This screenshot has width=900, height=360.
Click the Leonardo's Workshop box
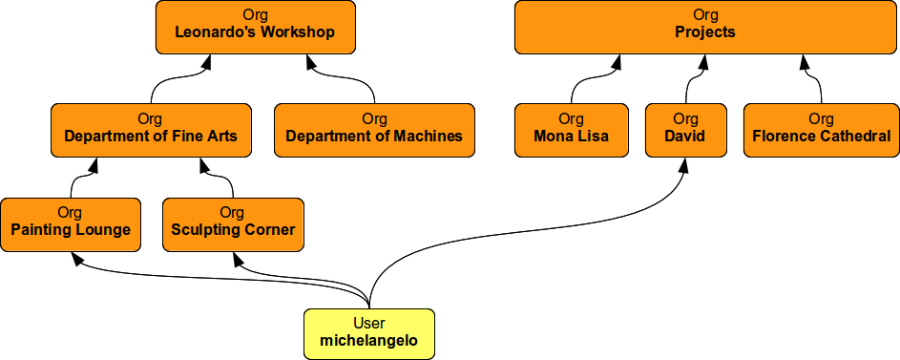tap(255, 27)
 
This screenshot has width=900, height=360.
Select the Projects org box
tap(705, 27)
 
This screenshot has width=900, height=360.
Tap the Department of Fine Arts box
tap(150, 130)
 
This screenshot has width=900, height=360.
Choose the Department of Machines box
tap(374, 130)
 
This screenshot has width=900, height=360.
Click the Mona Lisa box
tap(571, 130)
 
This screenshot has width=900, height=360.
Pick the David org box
tap(685, 130)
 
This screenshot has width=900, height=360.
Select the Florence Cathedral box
tap(821, 130)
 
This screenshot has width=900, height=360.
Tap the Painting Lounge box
tap(71, 224)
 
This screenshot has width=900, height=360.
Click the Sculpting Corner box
tap(233, 224)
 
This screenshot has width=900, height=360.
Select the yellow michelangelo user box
tap(369, 334)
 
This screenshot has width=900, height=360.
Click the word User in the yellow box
tap(369, 325)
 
